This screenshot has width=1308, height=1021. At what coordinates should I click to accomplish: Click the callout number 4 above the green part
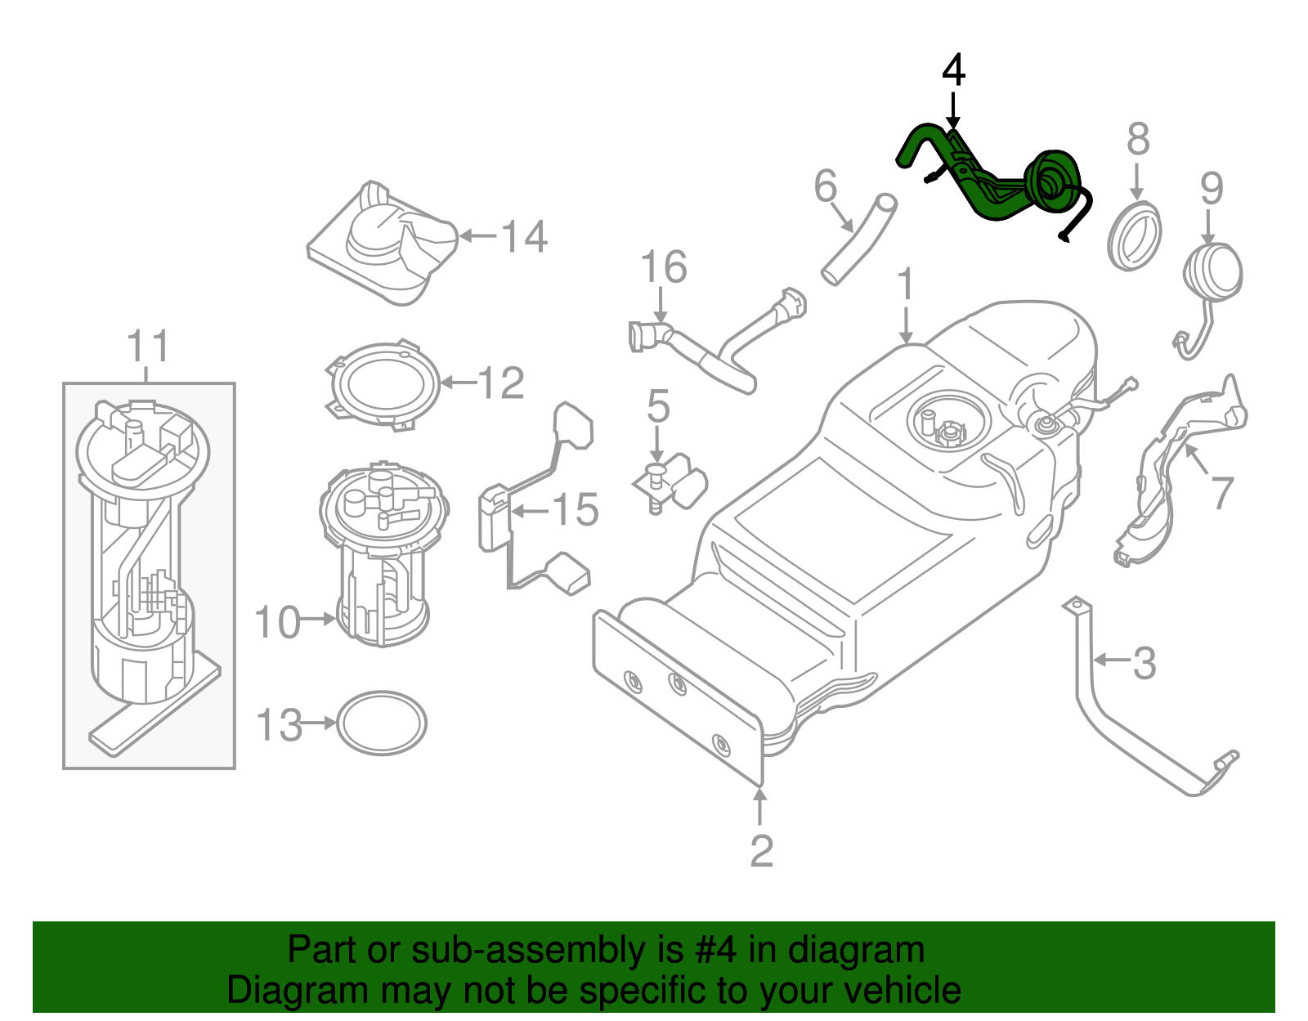(953, 71)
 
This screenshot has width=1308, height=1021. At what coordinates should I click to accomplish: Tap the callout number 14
(524, 237)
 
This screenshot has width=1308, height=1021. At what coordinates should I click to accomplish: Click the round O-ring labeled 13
(382, 723)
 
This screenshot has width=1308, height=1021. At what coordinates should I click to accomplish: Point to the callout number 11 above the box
(148, 347)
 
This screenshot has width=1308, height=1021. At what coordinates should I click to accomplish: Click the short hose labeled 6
(859, 239)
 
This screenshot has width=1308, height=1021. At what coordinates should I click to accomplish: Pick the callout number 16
(664, 268)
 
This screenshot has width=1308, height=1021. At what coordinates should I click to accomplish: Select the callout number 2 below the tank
(761, 851)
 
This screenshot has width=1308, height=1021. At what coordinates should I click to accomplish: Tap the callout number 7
(1221, 493)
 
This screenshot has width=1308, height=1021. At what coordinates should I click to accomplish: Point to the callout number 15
(576, 510)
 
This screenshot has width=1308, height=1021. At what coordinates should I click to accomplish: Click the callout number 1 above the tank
(905, 285)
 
